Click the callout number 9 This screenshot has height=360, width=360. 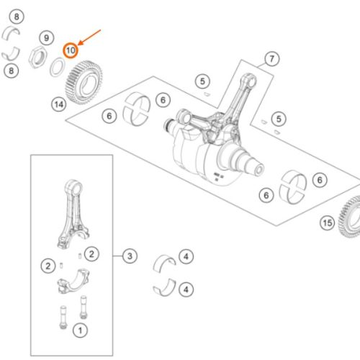(x=46, y=37)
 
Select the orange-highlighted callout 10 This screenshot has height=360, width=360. (x=71, y=50)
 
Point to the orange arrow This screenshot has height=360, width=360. (x=89, y=37)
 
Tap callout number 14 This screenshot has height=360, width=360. (x=59, y=104)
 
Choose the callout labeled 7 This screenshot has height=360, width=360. (x=272, y=59)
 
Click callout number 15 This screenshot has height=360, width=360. (x=328, y=223)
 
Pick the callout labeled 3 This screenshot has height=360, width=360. (x=130, y=256)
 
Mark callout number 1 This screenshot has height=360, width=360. (x=80, y=330)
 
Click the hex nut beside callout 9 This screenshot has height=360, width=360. (x=37, y=58)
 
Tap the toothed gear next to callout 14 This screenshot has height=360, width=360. (x=84, y=83)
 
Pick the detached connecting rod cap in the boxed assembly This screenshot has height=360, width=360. (x=73, y=282)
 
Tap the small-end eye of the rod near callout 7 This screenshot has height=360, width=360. (x=250, y=81)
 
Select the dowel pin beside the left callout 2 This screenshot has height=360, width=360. (x=61, y=266)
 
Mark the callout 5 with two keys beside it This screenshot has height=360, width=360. (x=279, y=119)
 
